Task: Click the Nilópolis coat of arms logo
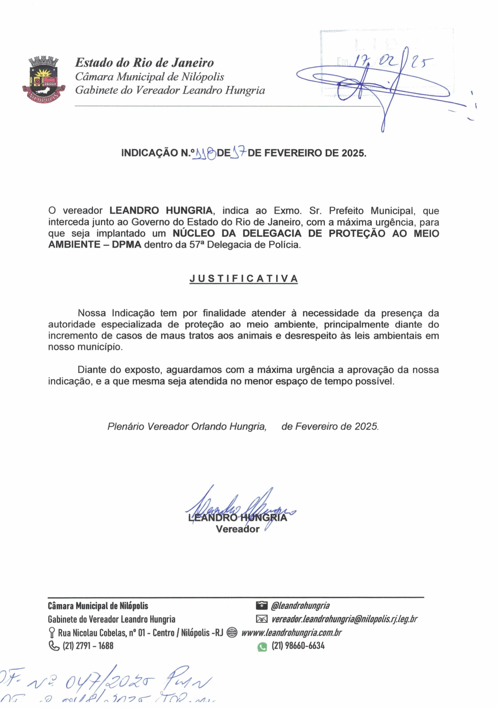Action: [43, 79]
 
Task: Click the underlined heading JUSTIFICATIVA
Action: [244, 279]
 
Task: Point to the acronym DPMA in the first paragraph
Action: [127, 245]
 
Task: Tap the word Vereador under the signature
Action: [237, 529]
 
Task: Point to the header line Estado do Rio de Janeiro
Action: [144, 63]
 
